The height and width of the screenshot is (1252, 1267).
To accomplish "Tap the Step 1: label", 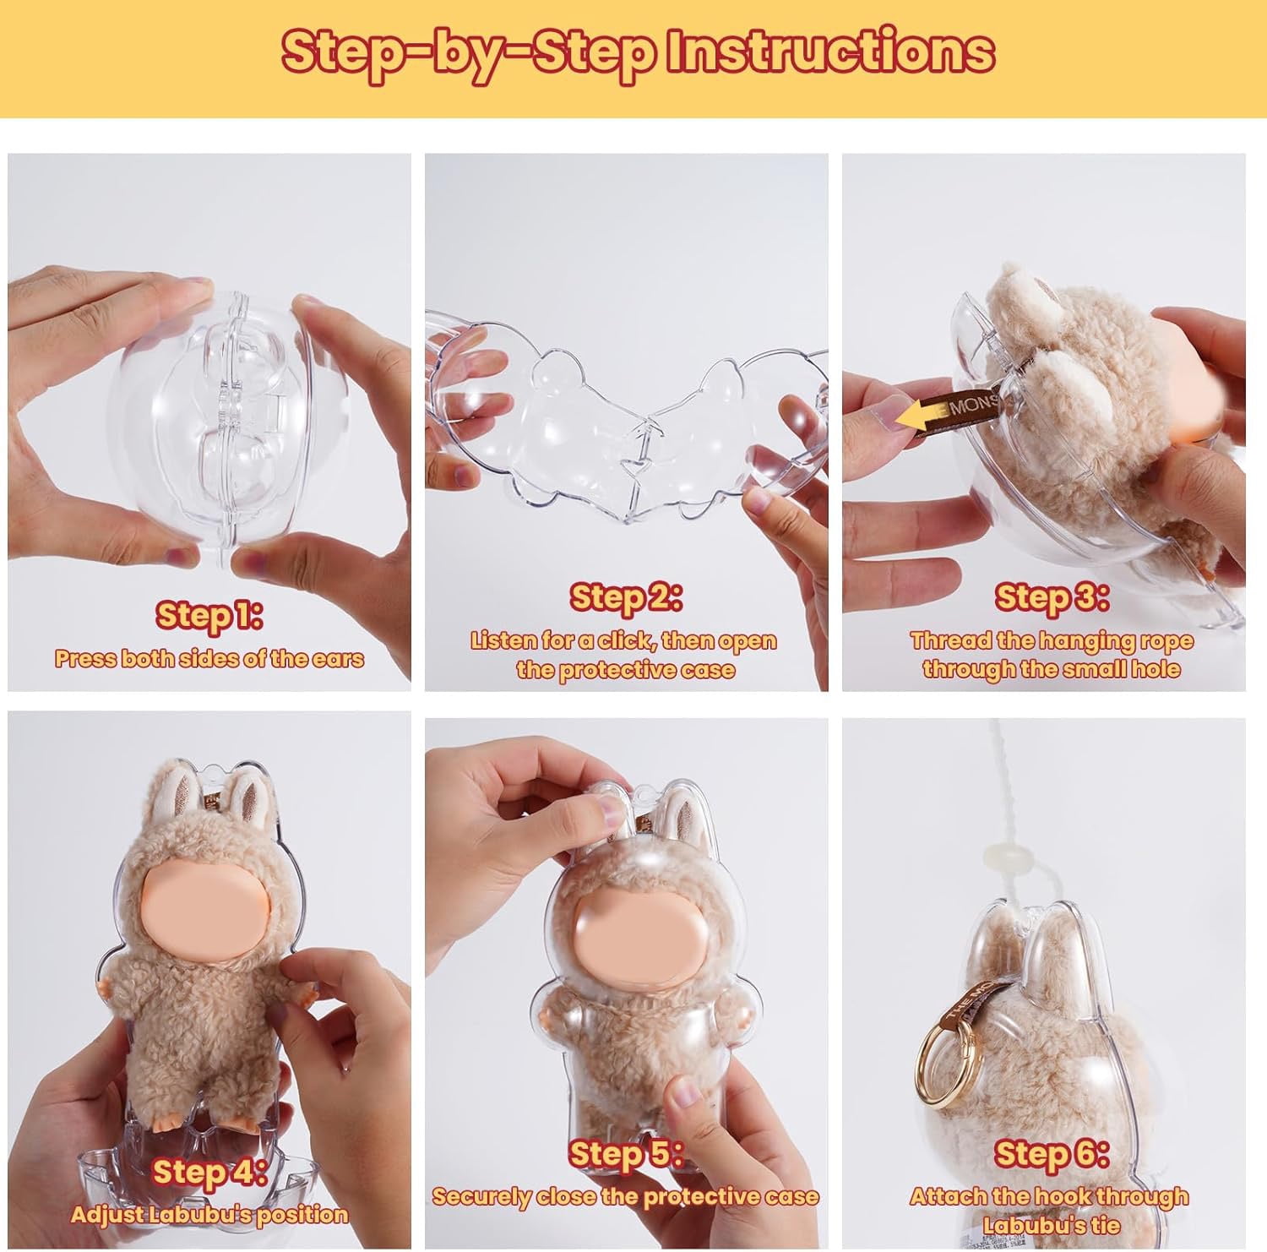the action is point(209,615).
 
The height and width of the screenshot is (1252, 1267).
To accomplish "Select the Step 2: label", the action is point(626,597).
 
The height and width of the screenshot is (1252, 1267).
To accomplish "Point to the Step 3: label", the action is point(1051,597).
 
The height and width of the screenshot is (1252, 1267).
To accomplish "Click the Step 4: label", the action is point(209,1172).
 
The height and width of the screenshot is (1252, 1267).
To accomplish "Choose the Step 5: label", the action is point(626,1153).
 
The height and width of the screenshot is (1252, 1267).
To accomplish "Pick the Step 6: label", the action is point(1051,1153).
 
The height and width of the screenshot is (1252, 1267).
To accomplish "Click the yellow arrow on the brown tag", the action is point(925,415).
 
